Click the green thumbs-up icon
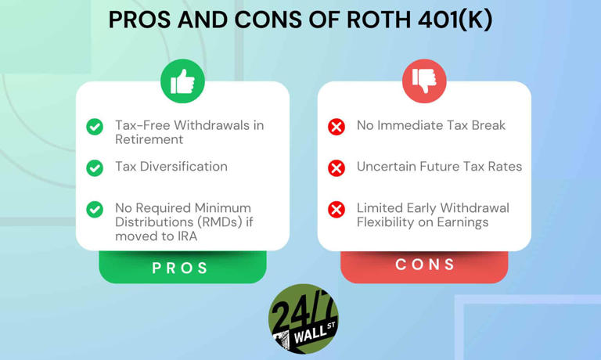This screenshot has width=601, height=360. click(x=182, y=81)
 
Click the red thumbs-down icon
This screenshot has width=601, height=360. click(x=424, y=81)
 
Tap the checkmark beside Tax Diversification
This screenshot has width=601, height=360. click(x=95, y=167)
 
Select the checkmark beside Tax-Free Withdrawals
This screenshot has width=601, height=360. click(x=95, y=126)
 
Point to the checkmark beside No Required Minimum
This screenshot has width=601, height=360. click(x=95, y=209)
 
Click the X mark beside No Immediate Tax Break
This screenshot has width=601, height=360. click(x=336, y=126)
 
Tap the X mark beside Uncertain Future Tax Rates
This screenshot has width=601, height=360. click(x=336, y=167)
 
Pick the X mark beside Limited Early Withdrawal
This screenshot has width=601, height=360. click(x=336, y=209)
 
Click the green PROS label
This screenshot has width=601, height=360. click(x=181, y=268)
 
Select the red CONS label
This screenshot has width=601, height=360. click(x=425, y=265)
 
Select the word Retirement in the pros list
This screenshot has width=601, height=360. click(x=149, y=139)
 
